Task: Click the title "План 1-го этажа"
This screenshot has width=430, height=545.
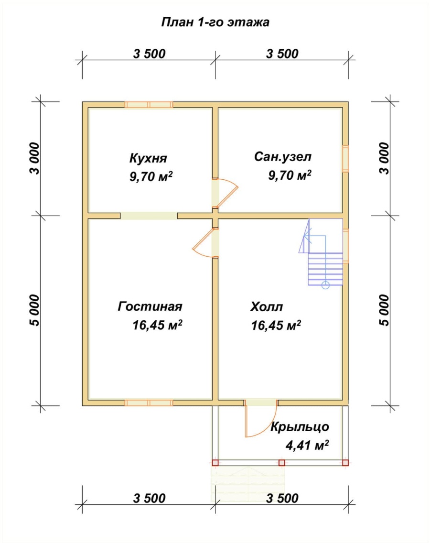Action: coord(215,22)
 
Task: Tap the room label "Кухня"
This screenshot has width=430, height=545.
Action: coord(148,158)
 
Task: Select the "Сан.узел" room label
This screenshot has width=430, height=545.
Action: coord(283,157)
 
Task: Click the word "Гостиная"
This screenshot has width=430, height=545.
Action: coord(150,306)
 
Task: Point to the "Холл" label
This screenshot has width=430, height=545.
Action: coord(267,306)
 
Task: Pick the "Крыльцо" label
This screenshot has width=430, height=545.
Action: coord(300,426)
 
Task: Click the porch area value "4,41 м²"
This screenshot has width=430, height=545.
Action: coord(307,445)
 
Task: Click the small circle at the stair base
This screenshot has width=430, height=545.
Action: coord(325,285)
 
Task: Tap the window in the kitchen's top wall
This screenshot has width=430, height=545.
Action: coord(149,105)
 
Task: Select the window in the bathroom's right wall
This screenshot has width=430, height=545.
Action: coord(345,159)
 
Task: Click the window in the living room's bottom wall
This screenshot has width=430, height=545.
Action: coord(149,403)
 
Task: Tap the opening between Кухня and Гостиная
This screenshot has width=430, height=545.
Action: coord(149,216)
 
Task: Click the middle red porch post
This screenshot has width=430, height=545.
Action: coord(282,463)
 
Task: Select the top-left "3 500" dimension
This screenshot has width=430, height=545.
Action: coord(150,54)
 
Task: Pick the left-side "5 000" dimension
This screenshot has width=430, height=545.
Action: coord(35,310)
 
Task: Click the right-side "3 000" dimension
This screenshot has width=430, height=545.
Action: coord(384,158)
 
